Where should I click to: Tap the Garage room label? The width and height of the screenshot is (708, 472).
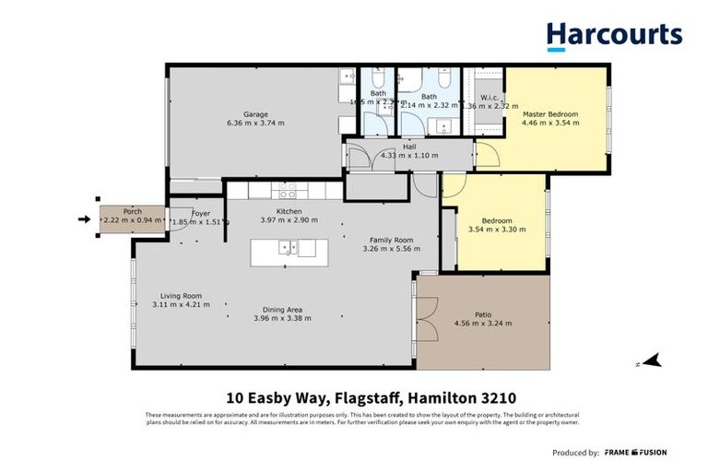255,114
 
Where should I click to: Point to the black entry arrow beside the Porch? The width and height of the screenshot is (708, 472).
85,219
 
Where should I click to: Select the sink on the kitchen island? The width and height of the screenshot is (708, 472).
289,247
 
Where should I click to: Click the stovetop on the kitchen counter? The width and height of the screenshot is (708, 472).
288,194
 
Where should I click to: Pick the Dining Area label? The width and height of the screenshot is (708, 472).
282,309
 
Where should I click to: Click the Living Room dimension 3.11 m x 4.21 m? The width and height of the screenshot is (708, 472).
177,305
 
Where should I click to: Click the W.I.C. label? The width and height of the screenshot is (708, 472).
490,97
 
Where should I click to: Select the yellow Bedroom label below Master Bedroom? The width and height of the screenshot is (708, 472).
496,220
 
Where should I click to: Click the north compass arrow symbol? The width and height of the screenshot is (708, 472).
654,361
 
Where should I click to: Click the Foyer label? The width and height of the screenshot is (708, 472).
201,213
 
